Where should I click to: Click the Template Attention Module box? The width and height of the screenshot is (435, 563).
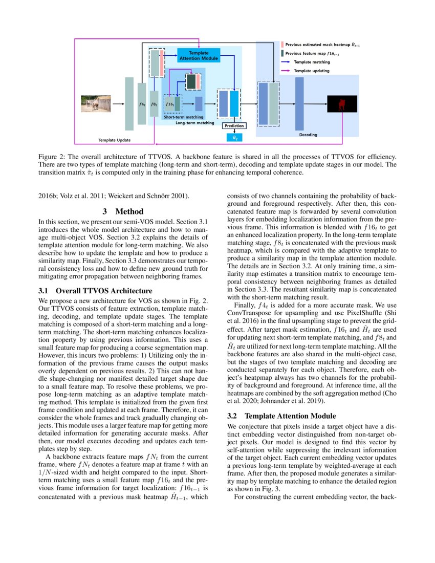pos(199,55)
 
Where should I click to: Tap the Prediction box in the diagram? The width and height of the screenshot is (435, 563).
pos(234,125)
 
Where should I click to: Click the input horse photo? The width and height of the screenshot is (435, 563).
pos(96,103)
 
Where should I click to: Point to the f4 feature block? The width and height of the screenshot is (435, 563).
pos(142,104)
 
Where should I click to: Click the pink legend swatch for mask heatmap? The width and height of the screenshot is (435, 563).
pos(282,45)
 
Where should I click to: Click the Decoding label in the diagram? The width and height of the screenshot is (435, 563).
pos(308,135)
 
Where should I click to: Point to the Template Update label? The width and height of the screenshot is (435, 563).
pos(114,140)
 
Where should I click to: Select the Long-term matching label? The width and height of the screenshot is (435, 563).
pos(194,123)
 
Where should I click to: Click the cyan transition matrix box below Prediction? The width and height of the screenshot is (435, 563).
pos(234,137)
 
